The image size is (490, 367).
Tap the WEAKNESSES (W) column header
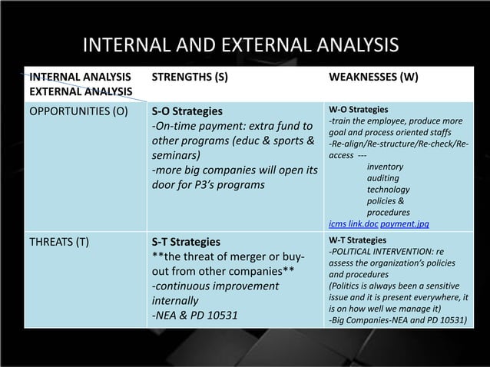[x=374, y=77]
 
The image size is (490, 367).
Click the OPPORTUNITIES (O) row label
[x=78, y=110]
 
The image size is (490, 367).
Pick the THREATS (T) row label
[x=58, y=242]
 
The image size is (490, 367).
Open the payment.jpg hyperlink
[x=405, y=223]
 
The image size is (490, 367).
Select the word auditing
[x=383, y=177]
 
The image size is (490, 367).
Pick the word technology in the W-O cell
[x=388, y=189]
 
